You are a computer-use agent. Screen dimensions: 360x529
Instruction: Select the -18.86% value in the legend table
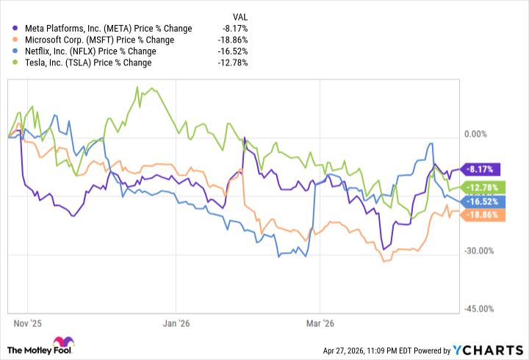point(233,40)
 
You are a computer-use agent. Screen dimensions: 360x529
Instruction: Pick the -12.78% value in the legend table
point(233,62)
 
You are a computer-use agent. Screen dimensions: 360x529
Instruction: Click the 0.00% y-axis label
point(478,134)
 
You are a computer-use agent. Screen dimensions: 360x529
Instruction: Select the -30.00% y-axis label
point(480,252)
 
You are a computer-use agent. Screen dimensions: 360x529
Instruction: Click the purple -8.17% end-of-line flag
point(481,168)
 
